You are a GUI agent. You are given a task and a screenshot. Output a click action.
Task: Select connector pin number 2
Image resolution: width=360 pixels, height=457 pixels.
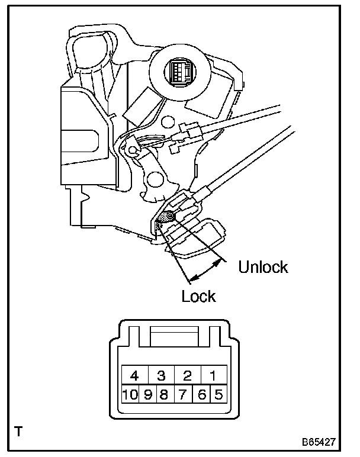coord(187,375)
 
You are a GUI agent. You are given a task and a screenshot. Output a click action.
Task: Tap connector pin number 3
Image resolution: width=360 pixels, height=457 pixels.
coord(160,375)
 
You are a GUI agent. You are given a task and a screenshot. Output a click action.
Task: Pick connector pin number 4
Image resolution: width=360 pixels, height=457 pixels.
coord(134,375)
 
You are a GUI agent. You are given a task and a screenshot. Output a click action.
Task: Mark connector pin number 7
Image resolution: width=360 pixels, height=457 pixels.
coord(183,394)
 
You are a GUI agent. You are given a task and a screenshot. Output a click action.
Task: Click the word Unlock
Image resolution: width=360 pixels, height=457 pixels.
coord(263,267)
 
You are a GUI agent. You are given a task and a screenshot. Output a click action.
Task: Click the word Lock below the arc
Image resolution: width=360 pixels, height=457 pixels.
coord(198,296)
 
